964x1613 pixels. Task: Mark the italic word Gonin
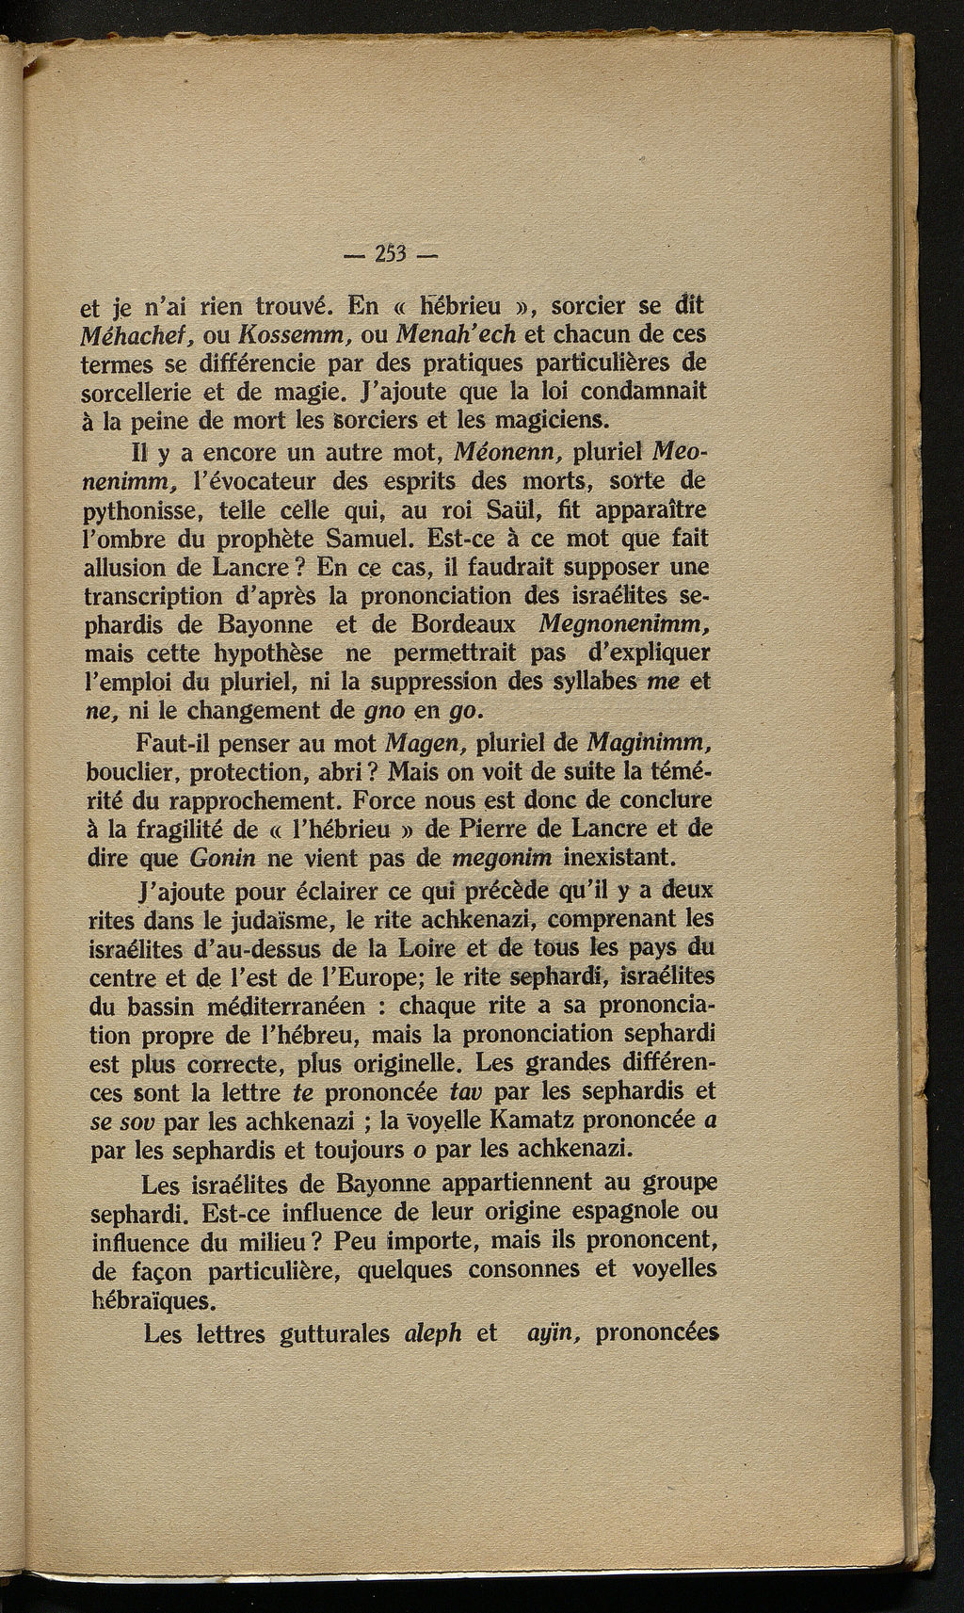(x=222, y=859)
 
